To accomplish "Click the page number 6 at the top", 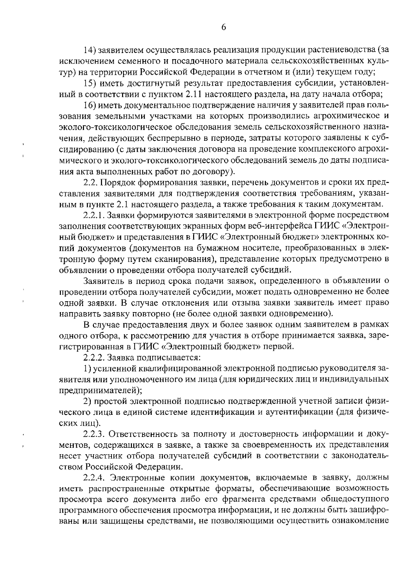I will pyautogui.click(x=223, y=28).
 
